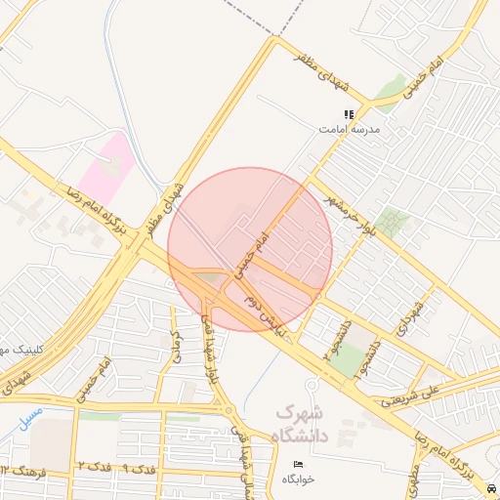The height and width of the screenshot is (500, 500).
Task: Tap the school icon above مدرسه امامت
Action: (350, 114)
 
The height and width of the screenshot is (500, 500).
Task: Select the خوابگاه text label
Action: (298, 479)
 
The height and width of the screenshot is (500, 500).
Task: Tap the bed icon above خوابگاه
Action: (298, 463)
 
